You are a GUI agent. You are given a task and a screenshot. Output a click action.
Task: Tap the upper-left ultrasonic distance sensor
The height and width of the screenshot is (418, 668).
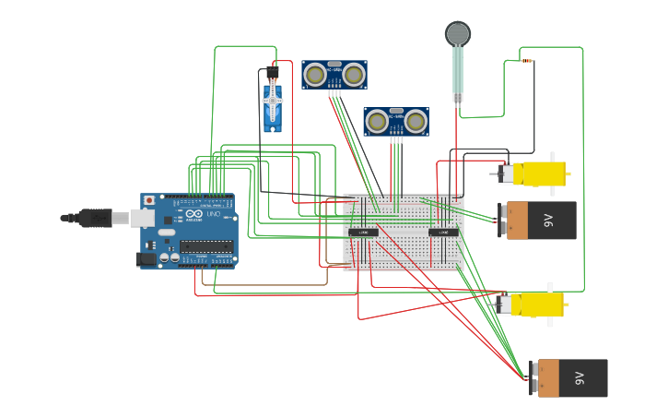point(334,75)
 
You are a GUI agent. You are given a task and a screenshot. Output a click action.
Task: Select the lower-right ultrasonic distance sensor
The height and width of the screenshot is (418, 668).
point(395,121)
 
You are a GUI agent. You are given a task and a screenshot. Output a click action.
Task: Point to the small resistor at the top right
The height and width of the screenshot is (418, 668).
point(527,61)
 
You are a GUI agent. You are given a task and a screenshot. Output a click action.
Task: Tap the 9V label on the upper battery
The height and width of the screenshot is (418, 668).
point(547,221)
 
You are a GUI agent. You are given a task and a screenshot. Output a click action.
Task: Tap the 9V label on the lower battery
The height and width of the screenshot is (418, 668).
point(579,378)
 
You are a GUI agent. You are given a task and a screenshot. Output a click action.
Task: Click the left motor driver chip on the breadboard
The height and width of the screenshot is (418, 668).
point(363,232)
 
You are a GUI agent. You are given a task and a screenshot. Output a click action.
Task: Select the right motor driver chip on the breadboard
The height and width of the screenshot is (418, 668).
point(443,232)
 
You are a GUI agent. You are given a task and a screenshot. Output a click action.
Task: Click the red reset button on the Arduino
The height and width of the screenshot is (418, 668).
point(149,200)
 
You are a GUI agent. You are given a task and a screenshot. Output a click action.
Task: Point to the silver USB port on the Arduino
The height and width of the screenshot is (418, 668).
point(142,218)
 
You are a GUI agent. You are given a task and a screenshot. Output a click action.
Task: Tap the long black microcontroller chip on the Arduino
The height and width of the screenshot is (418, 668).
point(206,245)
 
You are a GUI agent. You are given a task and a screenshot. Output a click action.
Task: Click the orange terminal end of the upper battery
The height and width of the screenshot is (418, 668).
point(517,221)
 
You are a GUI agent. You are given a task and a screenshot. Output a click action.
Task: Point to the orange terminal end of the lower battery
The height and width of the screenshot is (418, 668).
point(548,378)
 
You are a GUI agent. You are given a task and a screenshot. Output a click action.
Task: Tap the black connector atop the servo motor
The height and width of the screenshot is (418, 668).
point(273,72)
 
